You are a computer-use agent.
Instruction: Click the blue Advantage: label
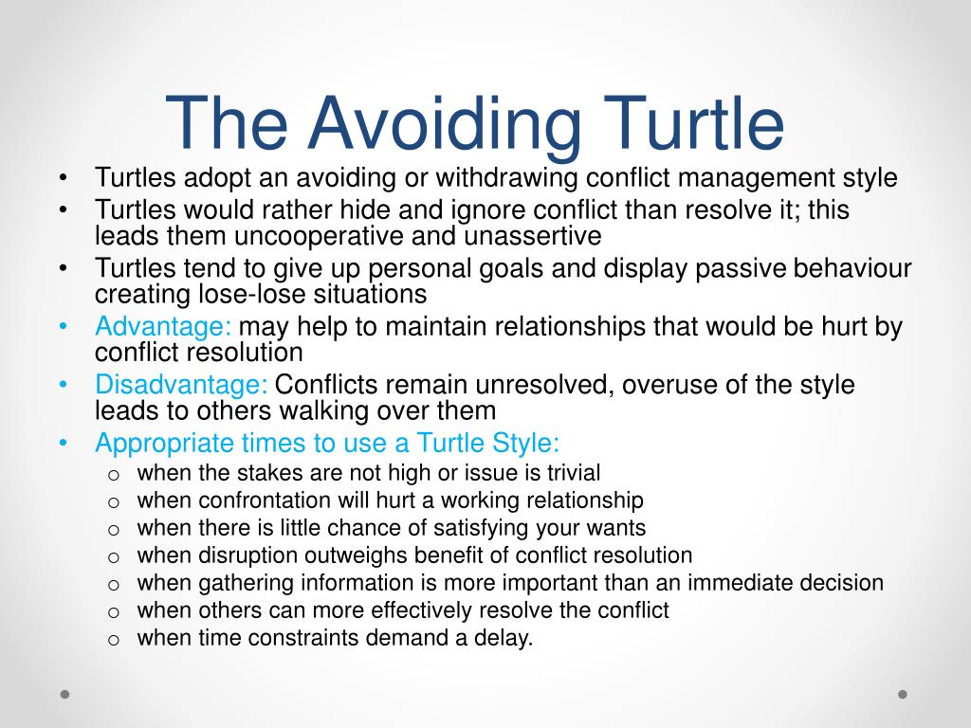163,328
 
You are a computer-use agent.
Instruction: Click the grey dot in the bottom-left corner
64,694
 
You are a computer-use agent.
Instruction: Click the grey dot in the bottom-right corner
903,694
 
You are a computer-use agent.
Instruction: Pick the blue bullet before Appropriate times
63,443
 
